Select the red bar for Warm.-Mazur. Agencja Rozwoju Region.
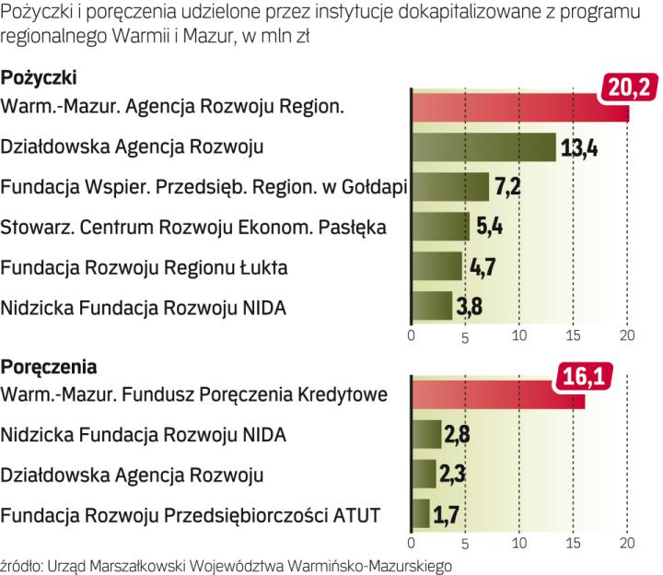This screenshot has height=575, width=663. (x=516, y=108)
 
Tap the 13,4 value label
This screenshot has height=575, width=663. (x=579, y=147)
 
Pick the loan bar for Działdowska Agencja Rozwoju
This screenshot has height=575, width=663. (x=483, y=147)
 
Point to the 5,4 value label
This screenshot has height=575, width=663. (x=488, y=227)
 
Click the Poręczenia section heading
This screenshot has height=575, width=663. (x=50, y=367)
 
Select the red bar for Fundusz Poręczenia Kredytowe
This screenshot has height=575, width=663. (x=497, y=396)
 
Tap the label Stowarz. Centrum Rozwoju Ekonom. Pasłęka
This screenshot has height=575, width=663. (x=194, y=227)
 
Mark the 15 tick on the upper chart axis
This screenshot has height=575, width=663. (x=573, y=334)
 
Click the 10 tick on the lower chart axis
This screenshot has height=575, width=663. (x=519, y=541)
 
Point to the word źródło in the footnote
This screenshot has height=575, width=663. (x=18, y=564)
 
